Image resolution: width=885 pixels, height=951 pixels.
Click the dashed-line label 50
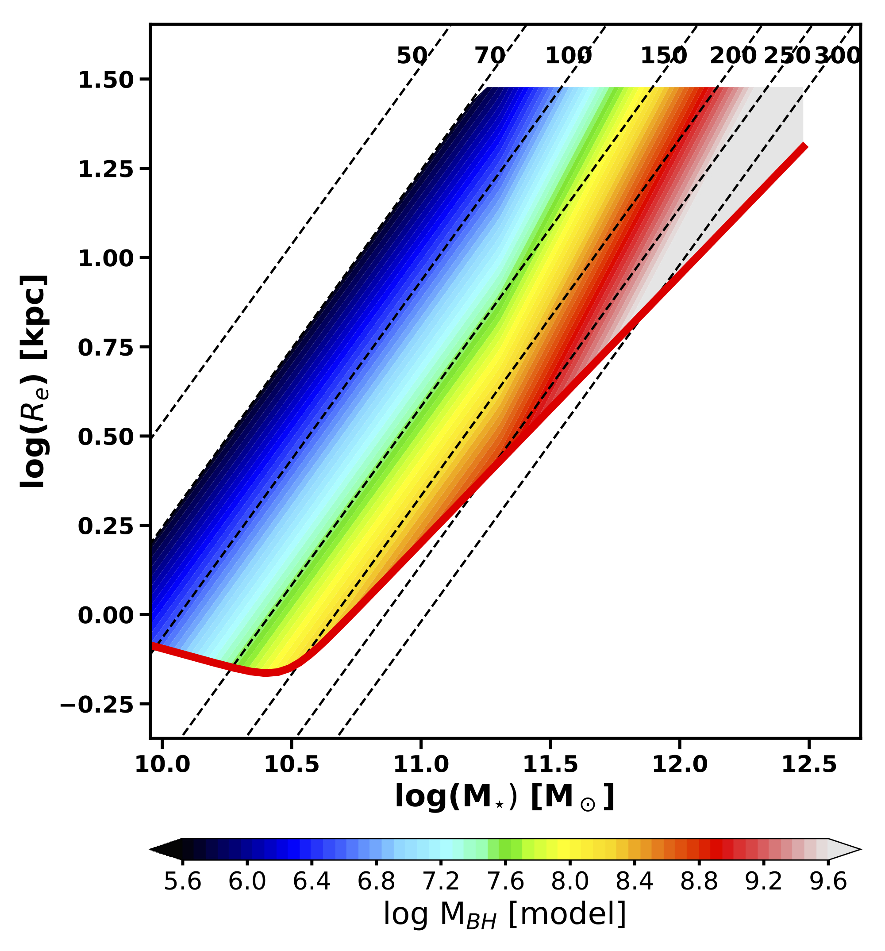click(x=411, y=56)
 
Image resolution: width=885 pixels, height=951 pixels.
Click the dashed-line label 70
click(x=489, y=56)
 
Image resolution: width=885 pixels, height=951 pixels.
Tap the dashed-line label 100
click(x=568, y=56)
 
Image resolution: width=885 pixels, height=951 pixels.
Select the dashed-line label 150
click(x=663, y=56)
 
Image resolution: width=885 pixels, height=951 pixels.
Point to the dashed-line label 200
click(x=733, y=56)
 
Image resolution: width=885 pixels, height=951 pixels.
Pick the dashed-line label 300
click(x=838, y=56)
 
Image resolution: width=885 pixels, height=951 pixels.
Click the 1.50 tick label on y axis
click(x=105, y=80)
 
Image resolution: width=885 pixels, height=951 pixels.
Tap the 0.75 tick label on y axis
click(x=105, y=347)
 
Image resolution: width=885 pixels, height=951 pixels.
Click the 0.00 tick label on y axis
click(x=105, y=615)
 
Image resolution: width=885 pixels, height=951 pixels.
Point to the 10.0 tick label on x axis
click(x=162, y=764)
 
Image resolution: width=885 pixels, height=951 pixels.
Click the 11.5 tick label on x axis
click(x=550, y=764)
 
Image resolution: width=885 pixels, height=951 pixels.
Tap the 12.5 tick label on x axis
click(x=808, y=764)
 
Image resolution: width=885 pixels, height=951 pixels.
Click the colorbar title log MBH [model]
click(x=504, y=914)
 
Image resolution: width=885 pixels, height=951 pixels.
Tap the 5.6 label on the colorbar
click(x=182, y=881)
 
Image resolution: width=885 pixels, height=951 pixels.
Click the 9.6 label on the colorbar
click(x=828, y=881)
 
